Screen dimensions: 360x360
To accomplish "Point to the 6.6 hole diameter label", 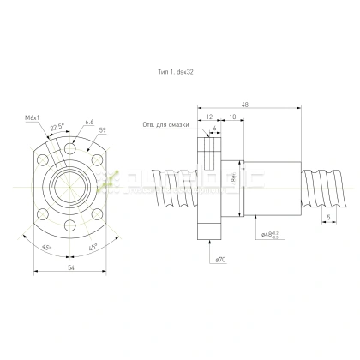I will point(89,122).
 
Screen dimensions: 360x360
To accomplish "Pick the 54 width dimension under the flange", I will point(69,269).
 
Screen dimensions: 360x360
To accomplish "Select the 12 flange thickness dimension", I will point(208,117).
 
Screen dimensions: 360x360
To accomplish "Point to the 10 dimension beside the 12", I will point(231,117).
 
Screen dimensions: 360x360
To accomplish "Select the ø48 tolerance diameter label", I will point(270,233).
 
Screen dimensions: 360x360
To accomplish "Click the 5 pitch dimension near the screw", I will point(329,218).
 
